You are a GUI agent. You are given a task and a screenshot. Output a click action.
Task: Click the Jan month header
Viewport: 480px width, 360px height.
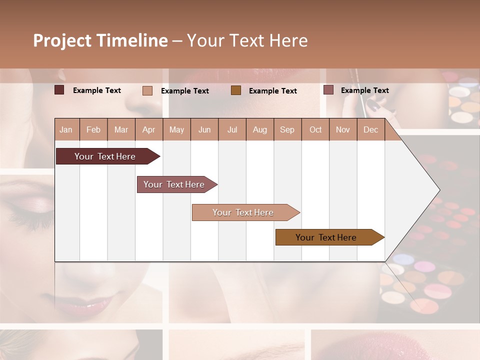click(x=66, y=129)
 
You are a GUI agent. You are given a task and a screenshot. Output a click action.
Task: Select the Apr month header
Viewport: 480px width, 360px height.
click(x=148, y=129)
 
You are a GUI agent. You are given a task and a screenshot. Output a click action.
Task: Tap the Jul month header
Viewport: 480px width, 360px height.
click(x=232, y=129)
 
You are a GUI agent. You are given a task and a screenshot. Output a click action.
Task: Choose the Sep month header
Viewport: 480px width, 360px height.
click(x=287, y=129)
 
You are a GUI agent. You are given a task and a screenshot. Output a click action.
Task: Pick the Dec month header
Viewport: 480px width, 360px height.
click(x=370, y=129)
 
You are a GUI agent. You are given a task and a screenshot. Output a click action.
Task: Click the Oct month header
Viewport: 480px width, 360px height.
click(x=315, y=129)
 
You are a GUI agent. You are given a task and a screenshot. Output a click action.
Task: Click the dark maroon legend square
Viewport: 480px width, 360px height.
click(x=59, y=90)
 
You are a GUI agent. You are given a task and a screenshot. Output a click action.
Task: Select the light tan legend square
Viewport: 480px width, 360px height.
click(x=147, y=90)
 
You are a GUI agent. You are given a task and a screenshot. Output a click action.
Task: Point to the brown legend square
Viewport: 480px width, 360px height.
click(x=236, y=90)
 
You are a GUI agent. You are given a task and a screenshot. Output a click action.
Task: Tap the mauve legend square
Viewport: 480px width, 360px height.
click(x=328, y=90)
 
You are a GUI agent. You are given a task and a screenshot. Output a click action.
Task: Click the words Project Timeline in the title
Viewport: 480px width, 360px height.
click(x=100, y=40)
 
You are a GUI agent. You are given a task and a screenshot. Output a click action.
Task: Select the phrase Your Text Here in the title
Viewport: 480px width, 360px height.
click(x=247, y=40)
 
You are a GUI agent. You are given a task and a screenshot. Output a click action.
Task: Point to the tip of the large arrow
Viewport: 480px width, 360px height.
click(x=438, y=190)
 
